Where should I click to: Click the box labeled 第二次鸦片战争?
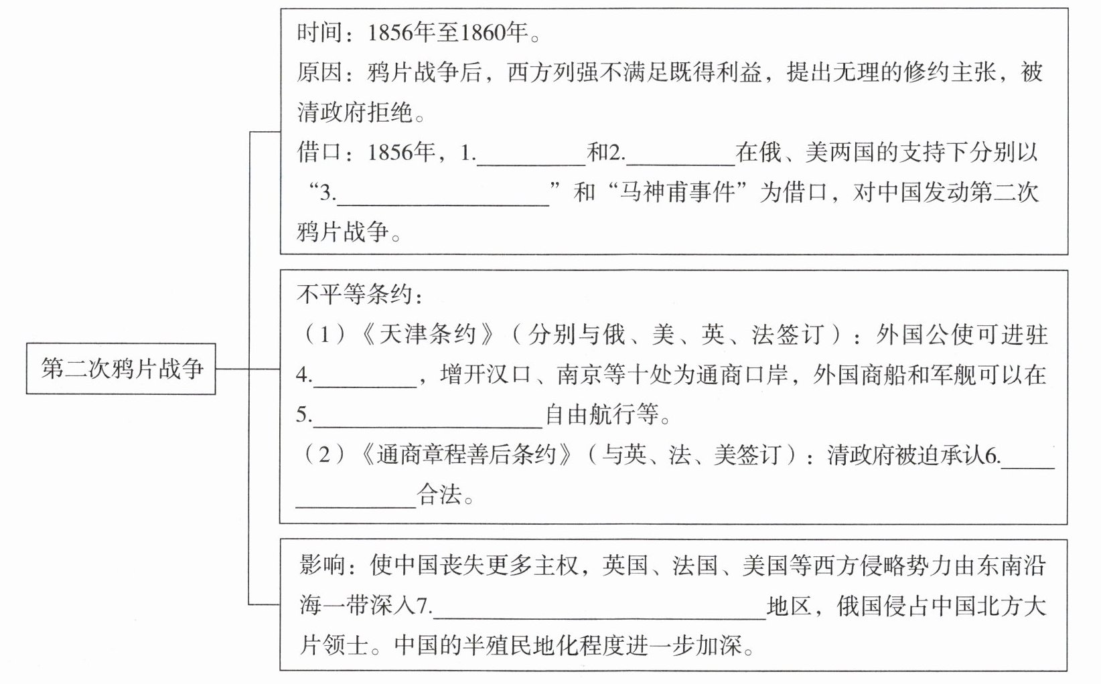(121, 369)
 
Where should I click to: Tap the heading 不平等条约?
(353, 294)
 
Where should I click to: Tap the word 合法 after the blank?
(439, 495)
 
